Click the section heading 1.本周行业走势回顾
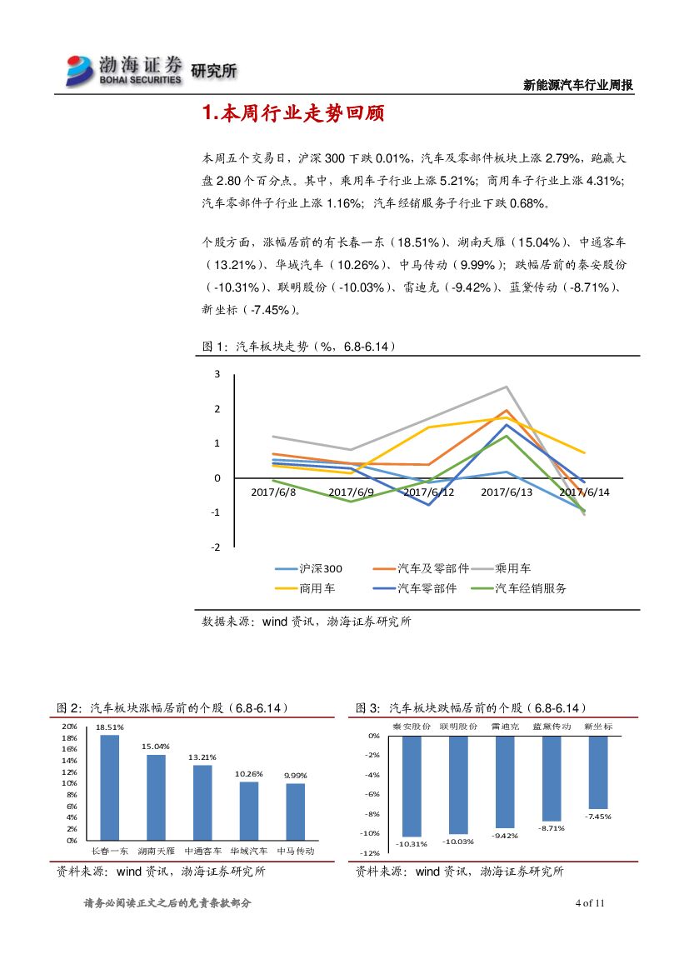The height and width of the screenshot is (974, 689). pos(293,114)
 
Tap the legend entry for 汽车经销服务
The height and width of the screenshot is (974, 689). pos(531,588)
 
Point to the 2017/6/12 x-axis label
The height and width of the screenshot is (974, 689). pos(429,492)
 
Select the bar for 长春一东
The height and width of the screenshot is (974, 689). pos(109,787)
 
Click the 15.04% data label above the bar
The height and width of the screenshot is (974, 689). pos(156,746)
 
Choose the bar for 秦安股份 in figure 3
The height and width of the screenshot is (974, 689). pos(412,786)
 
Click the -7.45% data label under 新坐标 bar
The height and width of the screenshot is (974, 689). pos(598,817)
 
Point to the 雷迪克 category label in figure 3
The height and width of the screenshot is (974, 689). pos(505,727)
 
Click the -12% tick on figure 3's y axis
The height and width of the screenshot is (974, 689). pos(372,852)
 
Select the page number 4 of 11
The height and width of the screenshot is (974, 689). pos(589,903)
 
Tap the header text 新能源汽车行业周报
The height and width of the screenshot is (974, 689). pos(578,85)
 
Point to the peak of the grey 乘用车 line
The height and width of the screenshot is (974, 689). pos(507,387)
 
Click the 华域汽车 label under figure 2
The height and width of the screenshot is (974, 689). pos(249,852)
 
